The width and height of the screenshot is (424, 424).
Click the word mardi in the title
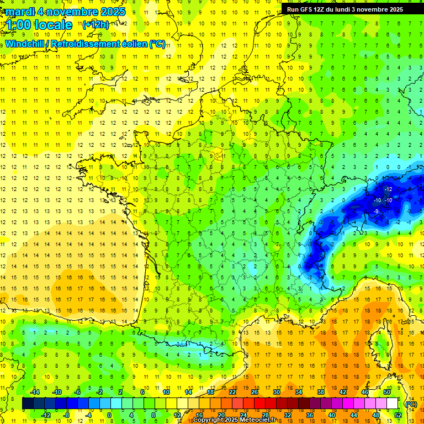pos(21,12)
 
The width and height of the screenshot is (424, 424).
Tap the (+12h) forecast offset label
pos(96,24)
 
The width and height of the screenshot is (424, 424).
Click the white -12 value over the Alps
pos(388,189)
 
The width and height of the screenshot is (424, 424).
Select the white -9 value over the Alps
pos(375,211)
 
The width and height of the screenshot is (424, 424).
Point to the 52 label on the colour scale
pos(397,415)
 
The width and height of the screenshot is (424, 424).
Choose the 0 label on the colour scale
pos(109,415)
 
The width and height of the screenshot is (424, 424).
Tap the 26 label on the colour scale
pos(255,392)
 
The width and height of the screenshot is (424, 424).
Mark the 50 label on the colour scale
pos(387,392)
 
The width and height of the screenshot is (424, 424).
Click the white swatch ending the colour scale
pos(392,404)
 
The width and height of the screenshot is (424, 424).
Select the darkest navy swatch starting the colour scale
pos(28,404)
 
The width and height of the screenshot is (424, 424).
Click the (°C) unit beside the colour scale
pos(411,404)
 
